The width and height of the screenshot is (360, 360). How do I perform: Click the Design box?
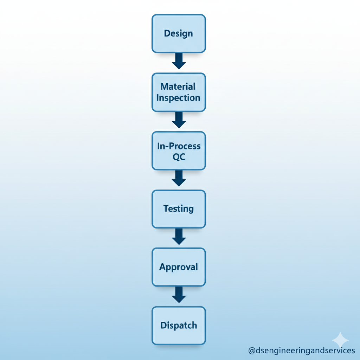point(179,33)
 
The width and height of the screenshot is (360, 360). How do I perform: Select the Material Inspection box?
point(179,92)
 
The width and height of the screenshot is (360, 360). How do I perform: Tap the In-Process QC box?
point(179,151)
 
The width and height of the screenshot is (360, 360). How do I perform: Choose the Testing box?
point(179,209)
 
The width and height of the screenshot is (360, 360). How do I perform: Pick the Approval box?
point(179,267)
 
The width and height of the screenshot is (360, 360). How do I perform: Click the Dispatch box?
point(179,326)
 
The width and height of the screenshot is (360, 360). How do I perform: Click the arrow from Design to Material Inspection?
point(179,61)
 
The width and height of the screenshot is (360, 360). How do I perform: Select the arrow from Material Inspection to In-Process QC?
point(179,120)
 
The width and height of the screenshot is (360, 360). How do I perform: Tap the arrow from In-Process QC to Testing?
point(179,178)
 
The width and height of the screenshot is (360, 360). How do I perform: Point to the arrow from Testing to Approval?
point(179,237)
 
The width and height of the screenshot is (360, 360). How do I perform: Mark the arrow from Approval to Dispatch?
point(179,295)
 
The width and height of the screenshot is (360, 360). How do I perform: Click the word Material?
point(178,86)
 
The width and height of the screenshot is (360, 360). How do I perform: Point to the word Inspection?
point(178,98)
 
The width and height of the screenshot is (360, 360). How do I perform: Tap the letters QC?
point(179,157)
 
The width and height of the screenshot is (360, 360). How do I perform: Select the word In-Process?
point(179,146)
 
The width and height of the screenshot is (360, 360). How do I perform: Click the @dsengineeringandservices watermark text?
point(301,351)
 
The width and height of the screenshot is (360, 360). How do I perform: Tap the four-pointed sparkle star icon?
point(340,340)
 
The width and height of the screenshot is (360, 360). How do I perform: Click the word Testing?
point(178,209)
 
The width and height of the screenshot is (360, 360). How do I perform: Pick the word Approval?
point(178,267)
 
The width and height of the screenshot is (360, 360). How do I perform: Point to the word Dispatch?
point(179,326)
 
